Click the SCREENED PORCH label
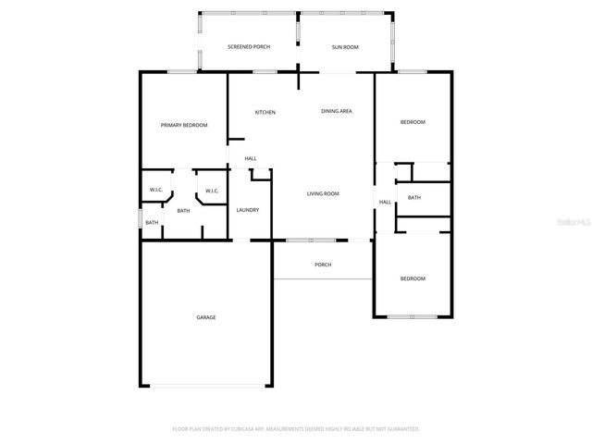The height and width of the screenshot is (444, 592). click(249, 46)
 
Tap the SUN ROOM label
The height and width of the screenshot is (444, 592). click(345, 46)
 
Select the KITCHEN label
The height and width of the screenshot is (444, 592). click(265, 112)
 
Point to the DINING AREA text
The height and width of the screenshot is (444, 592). click(336, 111)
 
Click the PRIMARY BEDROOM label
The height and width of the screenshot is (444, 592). click(184, 125)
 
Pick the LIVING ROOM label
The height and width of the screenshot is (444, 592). click(323, 193)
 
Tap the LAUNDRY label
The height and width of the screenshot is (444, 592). click(247, 210)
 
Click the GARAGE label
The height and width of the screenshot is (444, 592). click(205, 317)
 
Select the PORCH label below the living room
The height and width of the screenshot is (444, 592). click(323, 265)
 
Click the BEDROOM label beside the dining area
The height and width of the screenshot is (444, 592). click(413, 122)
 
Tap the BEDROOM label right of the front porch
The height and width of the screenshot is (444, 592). click(413, 278)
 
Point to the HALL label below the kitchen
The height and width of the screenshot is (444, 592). click(251, 159)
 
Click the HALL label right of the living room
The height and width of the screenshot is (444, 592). click(385, 202)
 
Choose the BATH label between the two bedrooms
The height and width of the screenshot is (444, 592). click(414, 197)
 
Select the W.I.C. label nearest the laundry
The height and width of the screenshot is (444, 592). click(212, 191)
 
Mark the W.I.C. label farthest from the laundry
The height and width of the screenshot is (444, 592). click(156, 190)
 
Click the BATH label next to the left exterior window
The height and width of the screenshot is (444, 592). click(152, 222)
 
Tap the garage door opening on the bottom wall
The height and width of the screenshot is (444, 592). click(205, 386)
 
